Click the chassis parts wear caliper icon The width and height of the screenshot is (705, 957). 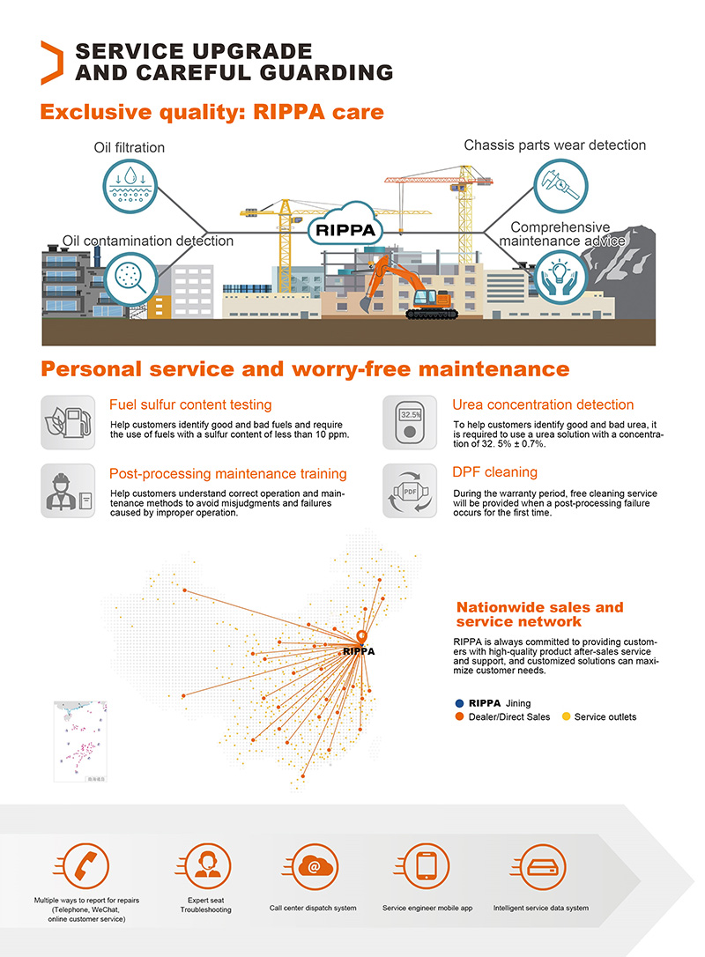click(x=560, y=184)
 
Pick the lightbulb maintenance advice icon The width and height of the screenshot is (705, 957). click(x=560, y=276)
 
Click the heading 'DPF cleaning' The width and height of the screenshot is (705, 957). click(x=494, y=472)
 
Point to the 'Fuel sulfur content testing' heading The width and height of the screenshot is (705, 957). click(x=190, y=404)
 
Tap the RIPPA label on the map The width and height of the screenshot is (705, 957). click(x=359, y=652)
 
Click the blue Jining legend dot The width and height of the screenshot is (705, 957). click(x=459, y=703)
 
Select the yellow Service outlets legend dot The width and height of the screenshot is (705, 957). click(x=567, y=717)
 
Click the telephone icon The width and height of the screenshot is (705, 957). click(x=86, y=867)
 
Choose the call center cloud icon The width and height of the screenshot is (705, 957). click(x=313, y=867)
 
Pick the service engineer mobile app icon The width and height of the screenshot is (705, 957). click(x=427, y=867)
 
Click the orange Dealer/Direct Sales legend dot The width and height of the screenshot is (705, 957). click(x=459, y=717)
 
